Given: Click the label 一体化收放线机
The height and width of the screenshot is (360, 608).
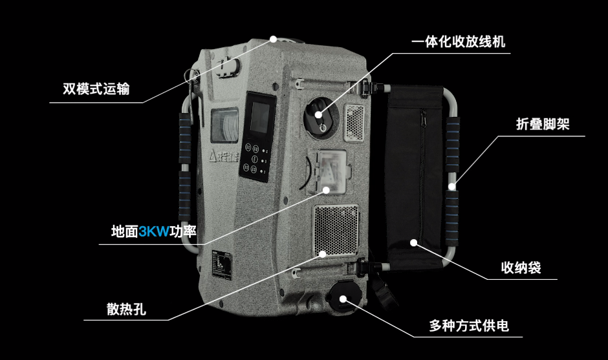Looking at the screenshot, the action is pyautogui.click(x=459, y=42).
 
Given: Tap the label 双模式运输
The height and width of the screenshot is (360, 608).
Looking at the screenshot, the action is pyautogui.click(x=96, y=89).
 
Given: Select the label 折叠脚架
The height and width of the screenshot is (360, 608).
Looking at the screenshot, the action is pyautogui.click(x=543, y=124).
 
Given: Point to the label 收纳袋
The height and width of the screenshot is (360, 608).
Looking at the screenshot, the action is pyautogui.click(x=521, y=268).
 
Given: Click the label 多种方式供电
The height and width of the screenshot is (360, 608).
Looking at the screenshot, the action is pyautogui.click(x=468, y=326).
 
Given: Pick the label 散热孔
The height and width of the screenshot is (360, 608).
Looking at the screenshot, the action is pyautogui.click(x=126, y=309).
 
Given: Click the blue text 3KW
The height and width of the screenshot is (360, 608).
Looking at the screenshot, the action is pyautogui.click(x=154, y=232).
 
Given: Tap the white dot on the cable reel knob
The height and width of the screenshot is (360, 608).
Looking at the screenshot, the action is pyautogui.click(x=318, y=114).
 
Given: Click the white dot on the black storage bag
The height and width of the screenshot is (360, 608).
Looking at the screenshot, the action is pyautogui.click(x=414, y=242).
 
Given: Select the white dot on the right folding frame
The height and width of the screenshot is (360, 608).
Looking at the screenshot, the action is pyautogui.click(x=451, y=186).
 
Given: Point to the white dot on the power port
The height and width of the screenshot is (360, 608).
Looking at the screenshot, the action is pyautogui.click(x=343, y=299).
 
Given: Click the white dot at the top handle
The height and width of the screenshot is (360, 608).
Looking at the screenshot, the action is pyautogui.click(x=274, y=39).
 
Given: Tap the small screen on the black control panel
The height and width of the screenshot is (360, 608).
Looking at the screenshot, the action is pyautogui.click(x=260, y=118).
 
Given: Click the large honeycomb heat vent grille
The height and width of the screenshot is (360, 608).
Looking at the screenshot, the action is pyautogui.click(x=336, y=231).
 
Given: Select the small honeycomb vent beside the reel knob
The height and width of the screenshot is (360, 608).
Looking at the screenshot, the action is pyautogui.click(x=354, y=123).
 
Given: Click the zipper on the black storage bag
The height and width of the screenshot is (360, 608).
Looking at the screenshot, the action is pyautogui.click(x=422, y=171).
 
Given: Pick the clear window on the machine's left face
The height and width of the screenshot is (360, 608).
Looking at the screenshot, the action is pyautogui.click(x=224, y=125).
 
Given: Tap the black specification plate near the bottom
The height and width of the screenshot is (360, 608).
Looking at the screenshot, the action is pyautogui.click(x=221, y=265).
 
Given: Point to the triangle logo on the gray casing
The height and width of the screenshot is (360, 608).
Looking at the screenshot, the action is pyautogui.click(x=213, y=156).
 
